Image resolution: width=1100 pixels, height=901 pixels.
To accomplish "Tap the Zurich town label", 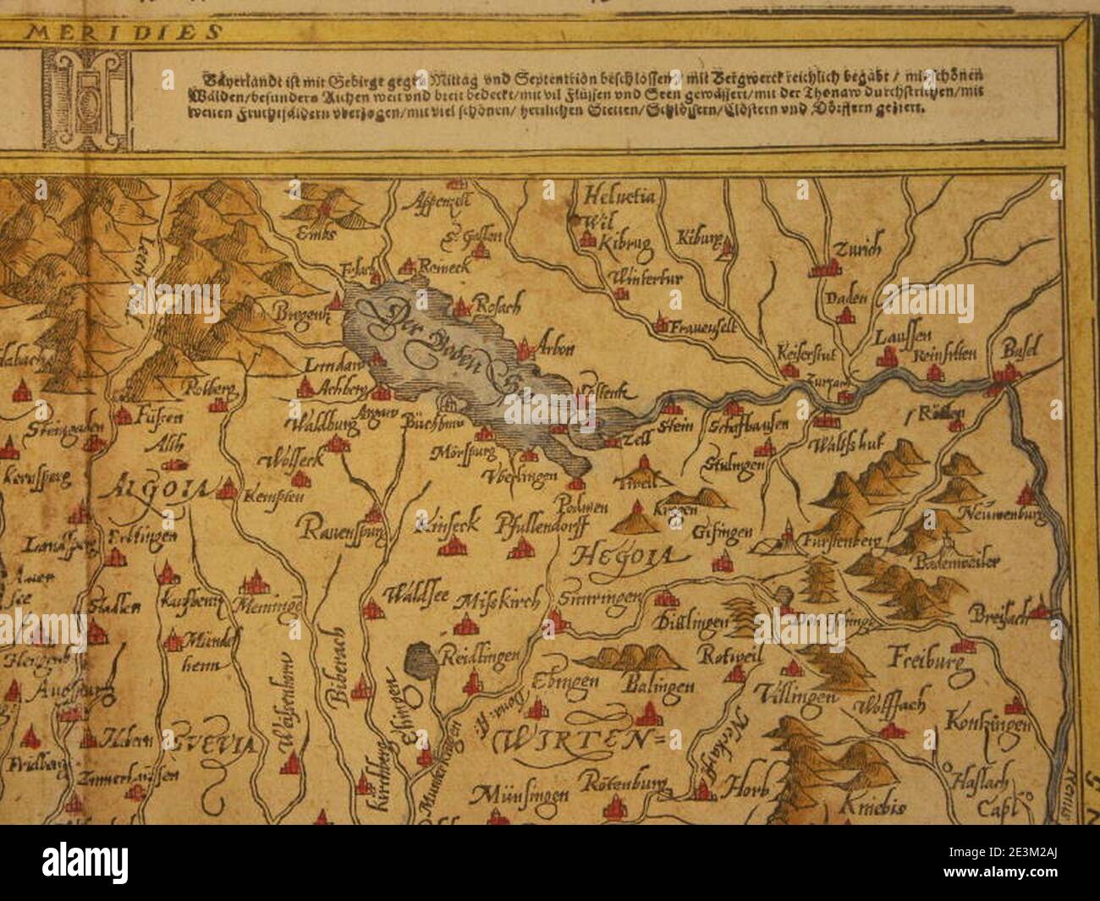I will coord(857,250).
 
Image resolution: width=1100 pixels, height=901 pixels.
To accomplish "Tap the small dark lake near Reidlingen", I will coord(421,659).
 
